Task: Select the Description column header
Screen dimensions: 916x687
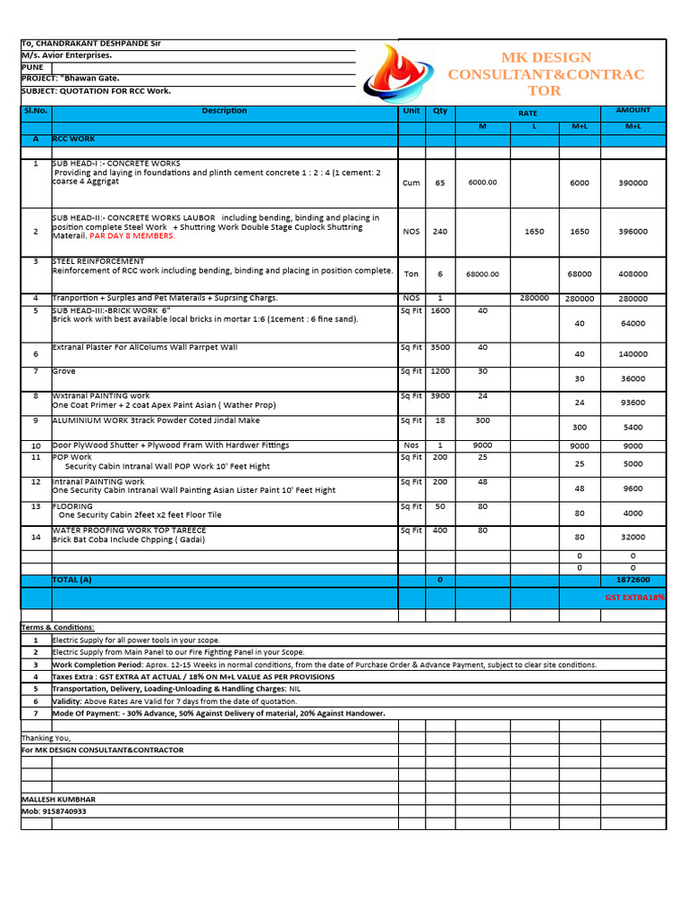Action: (x=225, y=111)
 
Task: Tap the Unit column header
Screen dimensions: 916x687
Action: (x=411, y=111)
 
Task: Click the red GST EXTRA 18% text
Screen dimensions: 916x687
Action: (x=634, y=597)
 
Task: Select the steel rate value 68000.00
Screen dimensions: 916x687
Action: (x=482, y=275)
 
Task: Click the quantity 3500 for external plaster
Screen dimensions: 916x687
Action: (x=440, y=347)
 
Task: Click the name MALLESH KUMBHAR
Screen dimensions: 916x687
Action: (x=58, y=799)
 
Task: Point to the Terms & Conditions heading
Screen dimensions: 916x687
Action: (x=57, y=628)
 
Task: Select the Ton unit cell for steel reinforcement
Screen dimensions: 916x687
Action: (x=411, y=275)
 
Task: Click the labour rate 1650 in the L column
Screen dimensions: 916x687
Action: (x=534, y=232)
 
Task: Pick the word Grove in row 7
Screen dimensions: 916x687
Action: (x=64, y=371)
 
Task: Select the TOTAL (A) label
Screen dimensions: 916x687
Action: (x=72, y=580)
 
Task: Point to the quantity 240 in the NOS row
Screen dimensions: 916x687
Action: (x=440, y=232)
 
